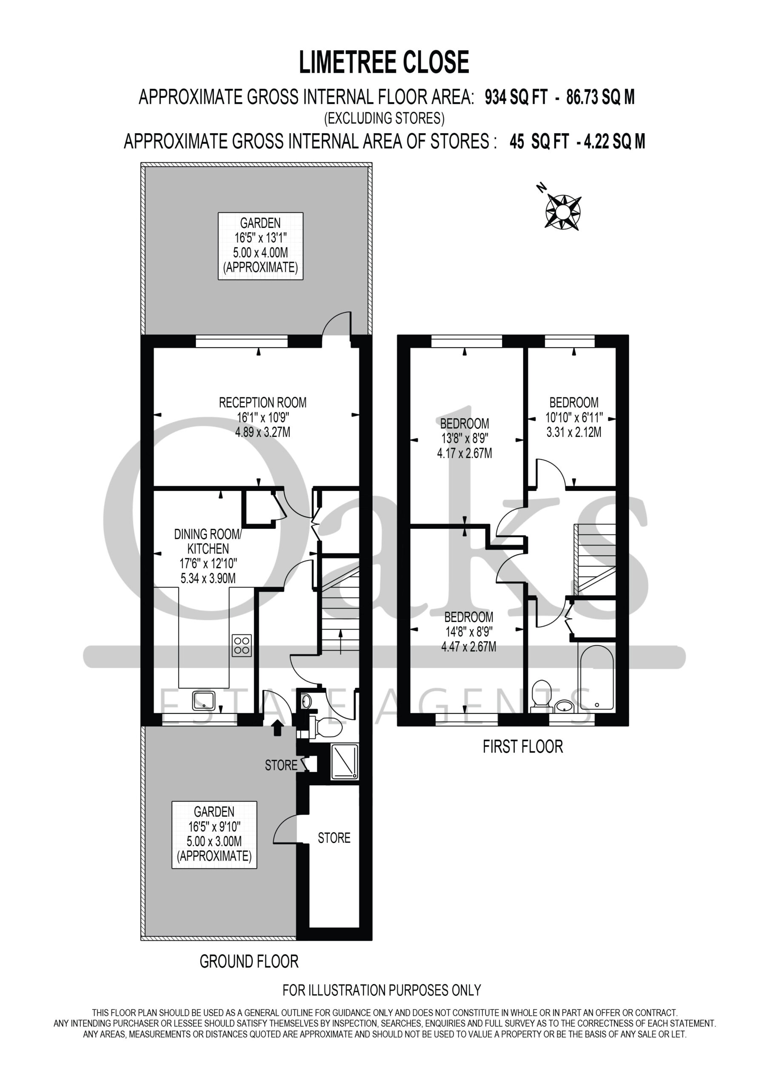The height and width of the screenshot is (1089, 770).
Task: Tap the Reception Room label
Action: [262, 403]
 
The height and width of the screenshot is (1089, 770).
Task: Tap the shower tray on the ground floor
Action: [345, 762]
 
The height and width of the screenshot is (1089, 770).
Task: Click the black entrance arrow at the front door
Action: [277, 728]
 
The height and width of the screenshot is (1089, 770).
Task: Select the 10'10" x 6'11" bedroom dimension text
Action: [574, 417]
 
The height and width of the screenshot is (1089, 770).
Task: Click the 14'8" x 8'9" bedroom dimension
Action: [468, 632]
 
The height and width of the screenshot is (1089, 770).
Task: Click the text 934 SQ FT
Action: [515, 97]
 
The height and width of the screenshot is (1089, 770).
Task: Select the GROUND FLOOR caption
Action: [249, 961]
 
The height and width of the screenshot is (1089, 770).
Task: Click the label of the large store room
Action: [334, 838]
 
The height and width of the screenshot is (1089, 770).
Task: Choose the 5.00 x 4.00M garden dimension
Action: [260, 253]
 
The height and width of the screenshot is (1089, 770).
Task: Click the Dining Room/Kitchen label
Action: [208, 542]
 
